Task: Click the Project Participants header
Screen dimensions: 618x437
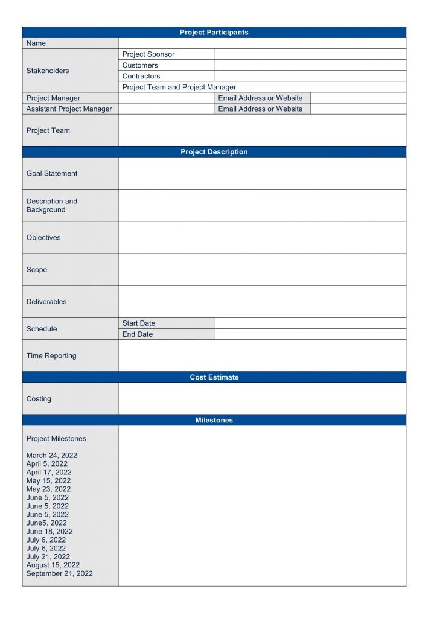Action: pos(214,33)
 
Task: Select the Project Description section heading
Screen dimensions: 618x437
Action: pos(214,152)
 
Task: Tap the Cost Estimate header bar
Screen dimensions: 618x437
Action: pos(214,377)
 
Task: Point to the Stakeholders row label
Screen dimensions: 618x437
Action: pos(48,71)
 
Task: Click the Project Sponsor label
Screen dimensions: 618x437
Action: pos(148,54)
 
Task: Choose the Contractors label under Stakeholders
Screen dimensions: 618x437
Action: pos(141,76)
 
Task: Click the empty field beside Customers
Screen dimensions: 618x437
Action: pos(310,65)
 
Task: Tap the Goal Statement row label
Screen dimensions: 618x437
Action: pos(52,173)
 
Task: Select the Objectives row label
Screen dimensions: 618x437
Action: pos(43,238)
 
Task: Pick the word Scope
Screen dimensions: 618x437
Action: pos(37,270)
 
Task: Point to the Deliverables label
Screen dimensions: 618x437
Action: pos(46,302)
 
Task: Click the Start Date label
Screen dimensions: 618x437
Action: pos(139,323)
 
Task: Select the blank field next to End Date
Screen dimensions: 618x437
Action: pos(310,334)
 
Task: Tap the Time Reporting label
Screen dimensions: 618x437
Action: pos(51,356)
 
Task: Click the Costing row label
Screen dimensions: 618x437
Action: pos(39,399)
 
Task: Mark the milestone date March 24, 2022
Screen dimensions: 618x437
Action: pos(52,456)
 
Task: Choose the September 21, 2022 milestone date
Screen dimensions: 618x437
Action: pos(60,574)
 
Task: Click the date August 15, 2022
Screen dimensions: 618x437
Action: pos(53,565)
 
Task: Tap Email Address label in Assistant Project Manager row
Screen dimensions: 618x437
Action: pos(260,109)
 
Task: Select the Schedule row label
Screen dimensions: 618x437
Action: pos(42,329)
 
